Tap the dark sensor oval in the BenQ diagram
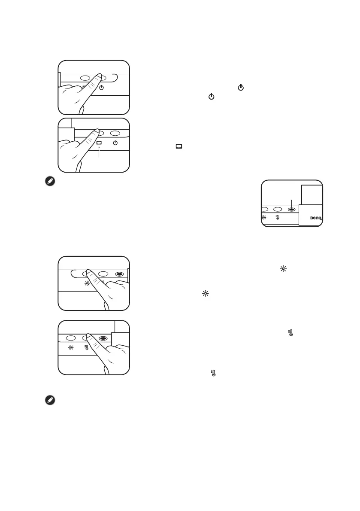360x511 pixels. tap(291, 210)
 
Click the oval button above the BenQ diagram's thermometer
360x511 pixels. tap(278, 210)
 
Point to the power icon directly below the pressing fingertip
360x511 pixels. tap(101, 88)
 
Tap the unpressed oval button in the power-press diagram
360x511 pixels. tap(85, 79)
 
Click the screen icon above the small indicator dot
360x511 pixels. tap(99, 143)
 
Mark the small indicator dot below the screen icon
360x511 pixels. tap(99, 148)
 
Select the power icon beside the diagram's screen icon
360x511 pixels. tap(115, 143)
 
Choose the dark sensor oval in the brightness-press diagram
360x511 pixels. tap(120, 274)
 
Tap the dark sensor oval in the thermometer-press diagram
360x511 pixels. tap(103, 338)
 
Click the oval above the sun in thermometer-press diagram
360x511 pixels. tap(71, 338)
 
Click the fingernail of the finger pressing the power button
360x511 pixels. tap(98, 76)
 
